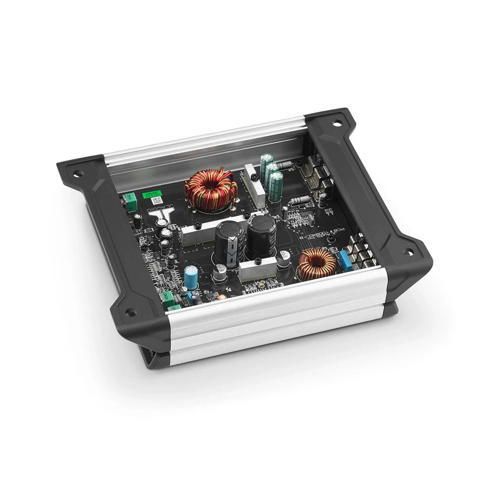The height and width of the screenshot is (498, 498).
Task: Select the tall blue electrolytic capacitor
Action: [x=190, y=278]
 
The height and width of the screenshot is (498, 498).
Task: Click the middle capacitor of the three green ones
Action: [x=272, y=173]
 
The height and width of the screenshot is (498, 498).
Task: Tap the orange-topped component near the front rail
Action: [x=222, y=297]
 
